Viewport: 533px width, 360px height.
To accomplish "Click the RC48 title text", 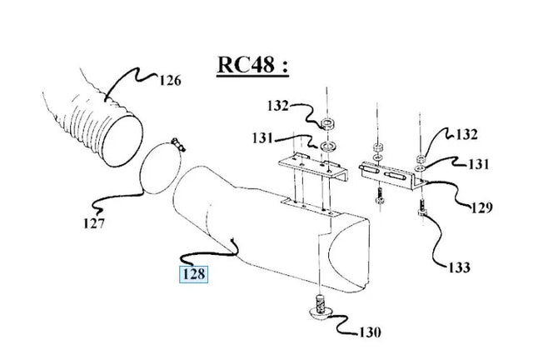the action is coord(253,65).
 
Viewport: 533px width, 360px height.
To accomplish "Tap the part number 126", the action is coord(170,81).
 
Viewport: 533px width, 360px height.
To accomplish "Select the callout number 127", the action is coord(94,223).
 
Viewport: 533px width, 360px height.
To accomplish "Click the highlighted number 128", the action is coord(194,274).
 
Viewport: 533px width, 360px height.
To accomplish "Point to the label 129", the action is coord(481,207).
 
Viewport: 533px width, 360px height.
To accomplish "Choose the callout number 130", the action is coord(370,332).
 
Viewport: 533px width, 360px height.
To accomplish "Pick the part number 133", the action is coord(460,267).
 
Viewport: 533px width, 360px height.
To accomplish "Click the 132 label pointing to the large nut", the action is coord(277,106).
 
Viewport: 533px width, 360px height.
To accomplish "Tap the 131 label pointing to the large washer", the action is coord(263,138).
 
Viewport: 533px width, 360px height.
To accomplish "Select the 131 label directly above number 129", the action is coord(479,164).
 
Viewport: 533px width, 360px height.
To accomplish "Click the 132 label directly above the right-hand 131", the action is coord(466,134).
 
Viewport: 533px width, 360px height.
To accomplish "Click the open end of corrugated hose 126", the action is coord(122,141).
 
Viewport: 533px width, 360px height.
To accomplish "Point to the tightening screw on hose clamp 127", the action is coord(178,144).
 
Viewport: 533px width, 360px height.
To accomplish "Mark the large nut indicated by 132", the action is coord(327,124).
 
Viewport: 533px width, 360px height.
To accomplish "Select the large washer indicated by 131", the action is coord(328,147).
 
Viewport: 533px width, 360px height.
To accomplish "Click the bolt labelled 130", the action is coord(320,307).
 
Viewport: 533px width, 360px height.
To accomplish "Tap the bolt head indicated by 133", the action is coord(422,213).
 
